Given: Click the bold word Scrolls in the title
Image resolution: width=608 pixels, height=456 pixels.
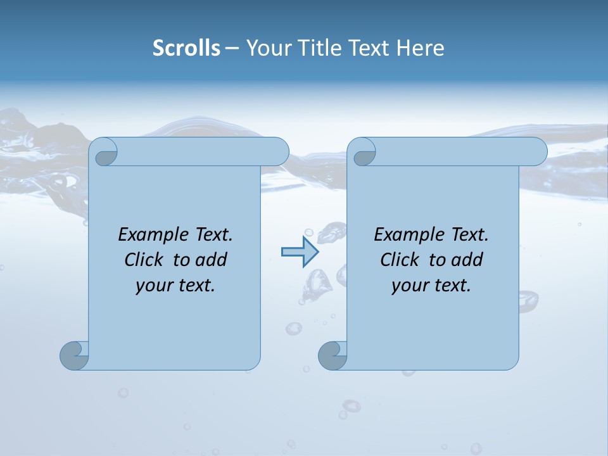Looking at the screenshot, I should (186, 47).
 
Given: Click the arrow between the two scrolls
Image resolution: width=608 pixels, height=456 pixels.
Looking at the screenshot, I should (299, 251).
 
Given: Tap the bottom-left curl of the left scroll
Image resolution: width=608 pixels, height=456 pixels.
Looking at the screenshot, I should (74, 355).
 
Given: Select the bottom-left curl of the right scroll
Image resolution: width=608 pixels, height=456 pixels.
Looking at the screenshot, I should (332, 355).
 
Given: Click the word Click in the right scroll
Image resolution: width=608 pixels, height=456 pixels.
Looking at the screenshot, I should (399, 260).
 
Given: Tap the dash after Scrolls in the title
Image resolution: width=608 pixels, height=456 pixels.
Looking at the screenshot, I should (232, 48).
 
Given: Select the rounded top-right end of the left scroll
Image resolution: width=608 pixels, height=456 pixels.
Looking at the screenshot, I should (279, 152).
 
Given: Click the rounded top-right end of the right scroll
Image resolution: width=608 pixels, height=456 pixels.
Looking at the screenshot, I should (537, 152).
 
